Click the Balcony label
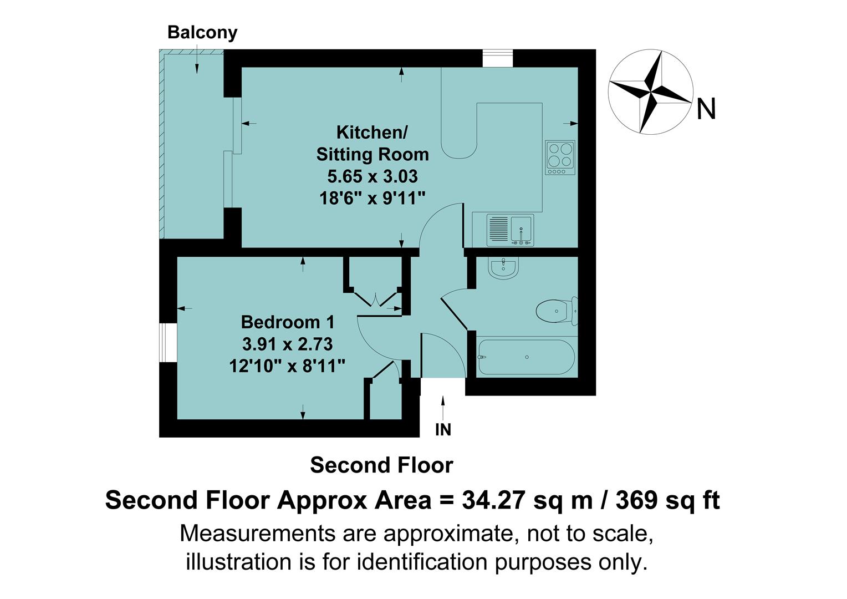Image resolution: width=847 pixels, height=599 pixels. (x=202, y=33)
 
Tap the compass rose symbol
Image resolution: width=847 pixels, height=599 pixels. (x=650, y=92)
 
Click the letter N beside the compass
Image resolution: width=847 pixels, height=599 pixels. (x=706, y=109)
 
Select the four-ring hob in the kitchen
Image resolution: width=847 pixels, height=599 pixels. (x=560, y=157)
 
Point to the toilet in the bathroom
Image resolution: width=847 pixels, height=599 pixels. (x=557, y=311)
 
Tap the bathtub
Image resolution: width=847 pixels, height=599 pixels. (x=525, y=357)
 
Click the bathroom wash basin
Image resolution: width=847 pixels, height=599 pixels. (x=503, y=268)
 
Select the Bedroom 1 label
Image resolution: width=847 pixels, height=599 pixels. (x=288, y=322)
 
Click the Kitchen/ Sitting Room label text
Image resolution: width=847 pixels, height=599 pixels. (x=372, y=143)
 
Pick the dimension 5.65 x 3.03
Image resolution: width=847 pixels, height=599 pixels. (x=372, y=176)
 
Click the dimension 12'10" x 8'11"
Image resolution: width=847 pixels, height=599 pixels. (x=288, y=366)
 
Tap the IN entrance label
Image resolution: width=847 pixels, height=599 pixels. (x=443, y=429)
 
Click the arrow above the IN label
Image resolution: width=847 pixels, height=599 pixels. (x=443, y=408)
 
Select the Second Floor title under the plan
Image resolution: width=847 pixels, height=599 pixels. (x=381, y=465)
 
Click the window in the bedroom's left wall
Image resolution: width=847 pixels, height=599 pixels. (x=168, y=342)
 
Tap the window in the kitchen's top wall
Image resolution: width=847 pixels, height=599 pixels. (x=497, y=58)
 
